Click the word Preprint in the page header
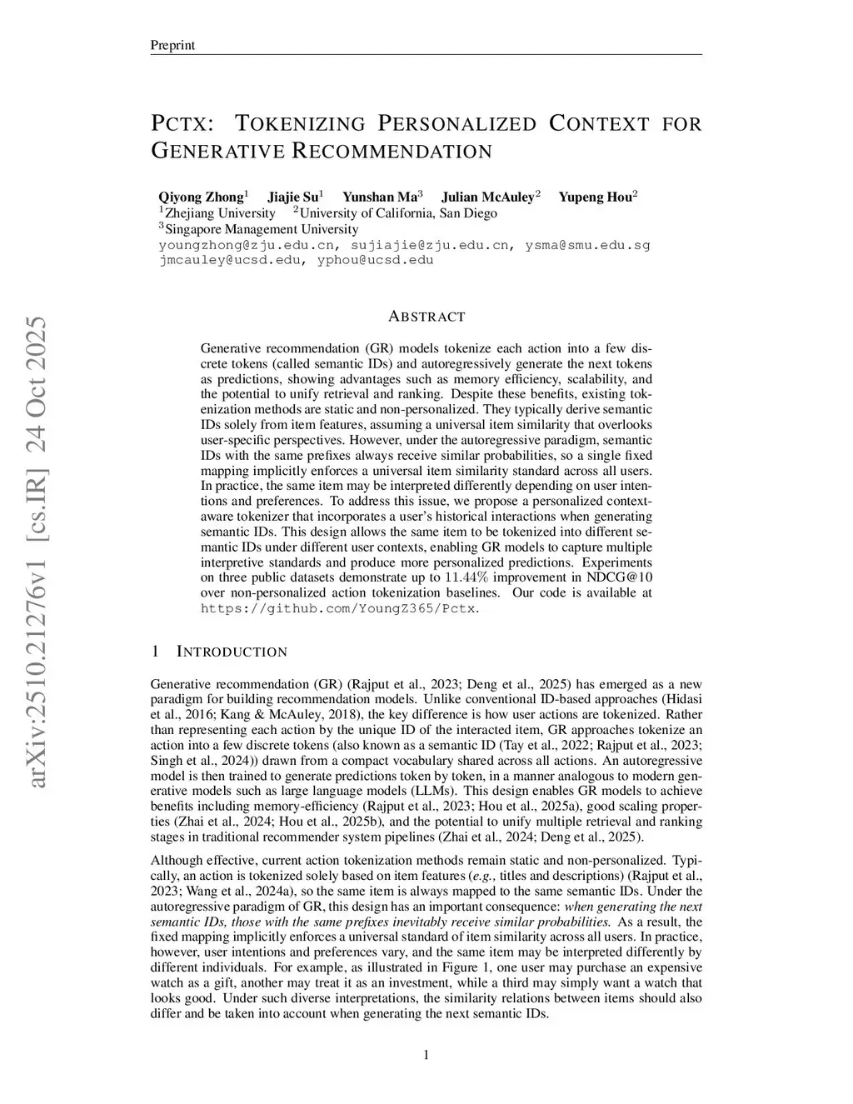pyautogui.click(x=172, y=45)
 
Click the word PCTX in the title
pyautogui.click(x=181, y=124)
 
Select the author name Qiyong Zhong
pyautogui.click(x=201, y=197)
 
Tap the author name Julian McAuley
pyautogui.click(x=487, y=197)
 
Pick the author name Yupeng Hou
pyautogui.click(x=595, y=197)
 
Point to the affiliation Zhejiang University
pyautogui.click(x=220, y=213)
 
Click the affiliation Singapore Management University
pyautogui.click(x=262, y=229)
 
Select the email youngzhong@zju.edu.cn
pyautogui.click(x=247, y=245)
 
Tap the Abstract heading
pyautogui.click(x=426, y=317)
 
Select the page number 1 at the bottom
pyautogui.click(x=426, y=1057)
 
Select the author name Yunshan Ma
pyautogui.click(x=381, y=197)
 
